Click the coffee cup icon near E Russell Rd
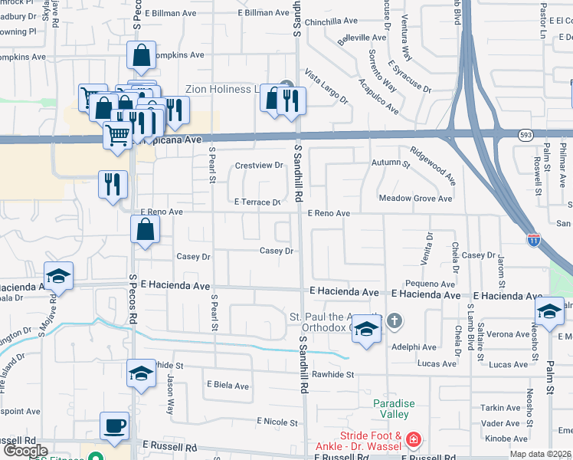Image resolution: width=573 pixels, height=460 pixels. click(114, 426)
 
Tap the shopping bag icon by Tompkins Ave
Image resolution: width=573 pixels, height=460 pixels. click(141, 55)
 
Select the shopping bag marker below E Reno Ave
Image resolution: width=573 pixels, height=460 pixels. click(145, 229)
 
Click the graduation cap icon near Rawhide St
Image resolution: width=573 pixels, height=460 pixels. click(141, 373)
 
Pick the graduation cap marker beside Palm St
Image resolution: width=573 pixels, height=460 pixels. click(549, 311)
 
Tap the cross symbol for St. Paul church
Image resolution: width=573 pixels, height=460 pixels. click(395, 320)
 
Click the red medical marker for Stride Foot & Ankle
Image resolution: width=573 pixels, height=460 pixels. click(413, 439)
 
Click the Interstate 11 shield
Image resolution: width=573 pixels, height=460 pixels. click(533, 240)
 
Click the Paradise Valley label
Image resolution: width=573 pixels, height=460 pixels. click(394, 409)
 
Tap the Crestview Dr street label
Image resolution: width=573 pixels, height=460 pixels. click(259, 166)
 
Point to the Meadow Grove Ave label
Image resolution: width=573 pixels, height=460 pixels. click(416, 199)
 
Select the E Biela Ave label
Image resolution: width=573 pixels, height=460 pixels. click(228, 386)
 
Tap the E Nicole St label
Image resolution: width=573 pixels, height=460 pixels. click(277, 422)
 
